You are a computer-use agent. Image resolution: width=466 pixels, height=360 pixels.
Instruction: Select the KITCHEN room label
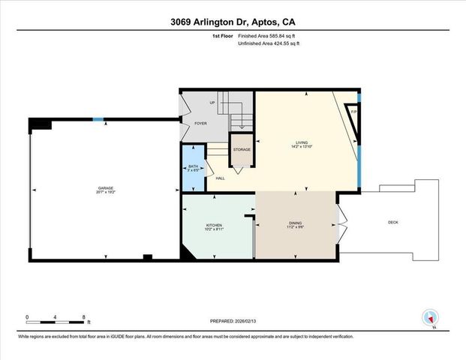click(215, 225)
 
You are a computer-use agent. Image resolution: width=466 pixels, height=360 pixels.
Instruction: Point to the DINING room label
click(296, 223)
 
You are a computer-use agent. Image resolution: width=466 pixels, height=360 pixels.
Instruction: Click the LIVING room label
click(302, 142)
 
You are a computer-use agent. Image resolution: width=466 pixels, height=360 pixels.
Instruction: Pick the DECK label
click(392, 222)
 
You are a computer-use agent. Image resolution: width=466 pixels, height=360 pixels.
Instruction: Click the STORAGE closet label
click(242, 149)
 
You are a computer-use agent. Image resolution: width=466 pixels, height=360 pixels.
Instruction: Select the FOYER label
click(200, 122)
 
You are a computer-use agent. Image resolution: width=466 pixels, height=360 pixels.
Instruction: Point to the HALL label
click(220, 178)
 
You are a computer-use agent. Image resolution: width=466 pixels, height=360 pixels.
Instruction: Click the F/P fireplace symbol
click(353, 112)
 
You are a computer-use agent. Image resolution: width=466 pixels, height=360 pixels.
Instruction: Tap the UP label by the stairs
click(212, 103)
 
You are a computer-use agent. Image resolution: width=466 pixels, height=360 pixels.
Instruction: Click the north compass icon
click(429, 317)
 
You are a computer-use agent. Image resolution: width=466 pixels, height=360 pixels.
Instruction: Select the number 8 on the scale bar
click(83, 316)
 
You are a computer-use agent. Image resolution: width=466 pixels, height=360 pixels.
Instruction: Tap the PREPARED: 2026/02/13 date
click(233, 321)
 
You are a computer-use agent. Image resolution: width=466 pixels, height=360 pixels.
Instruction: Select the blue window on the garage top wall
click(98, 119)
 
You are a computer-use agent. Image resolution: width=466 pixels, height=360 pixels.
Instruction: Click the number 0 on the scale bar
click(27, 316)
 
